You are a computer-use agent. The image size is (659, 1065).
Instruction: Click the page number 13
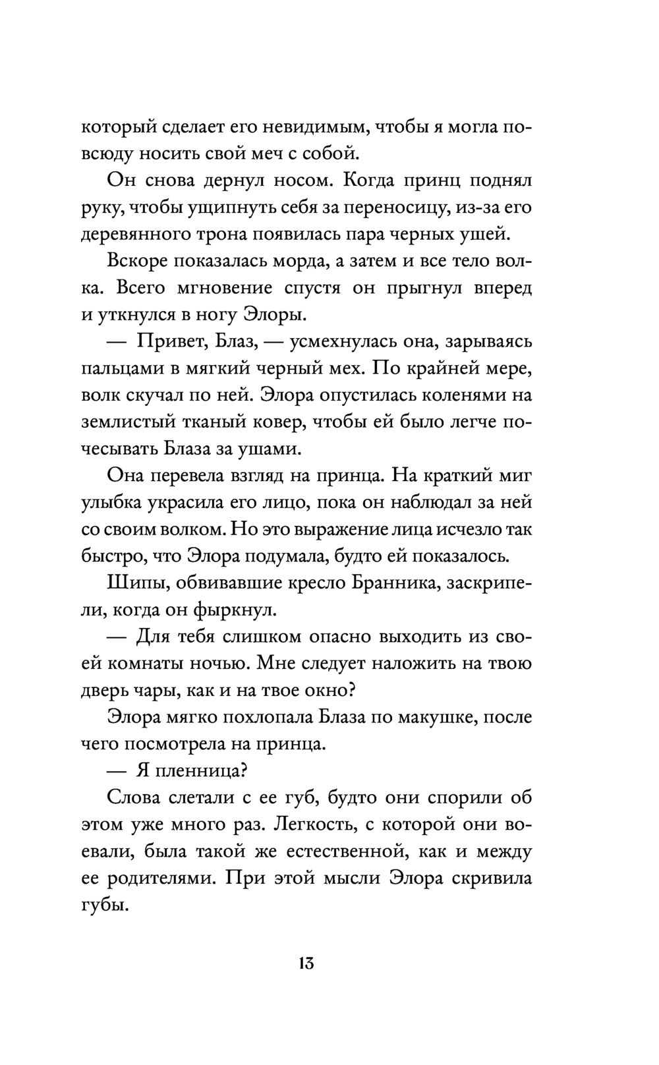tap(304, 963)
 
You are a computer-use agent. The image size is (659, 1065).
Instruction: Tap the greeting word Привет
tap(173, 343)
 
